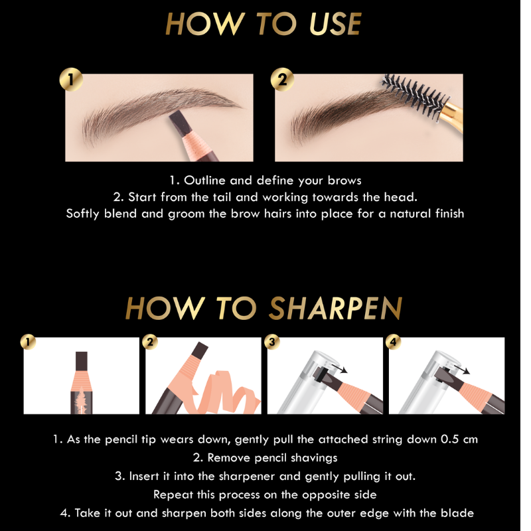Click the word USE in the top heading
click(335, 23)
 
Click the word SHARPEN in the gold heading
click(336, 308)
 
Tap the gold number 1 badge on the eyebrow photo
click(71, 80)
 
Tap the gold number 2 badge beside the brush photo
click(282, 80)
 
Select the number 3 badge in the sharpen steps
click(272, 342)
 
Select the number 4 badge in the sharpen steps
click(394, 342)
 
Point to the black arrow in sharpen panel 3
click(340, 368)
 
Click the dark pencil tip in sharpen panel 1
click(82, 361)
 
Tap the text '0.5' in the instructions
click(450, 439)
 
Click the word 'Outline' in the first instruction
click(204, 180)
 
